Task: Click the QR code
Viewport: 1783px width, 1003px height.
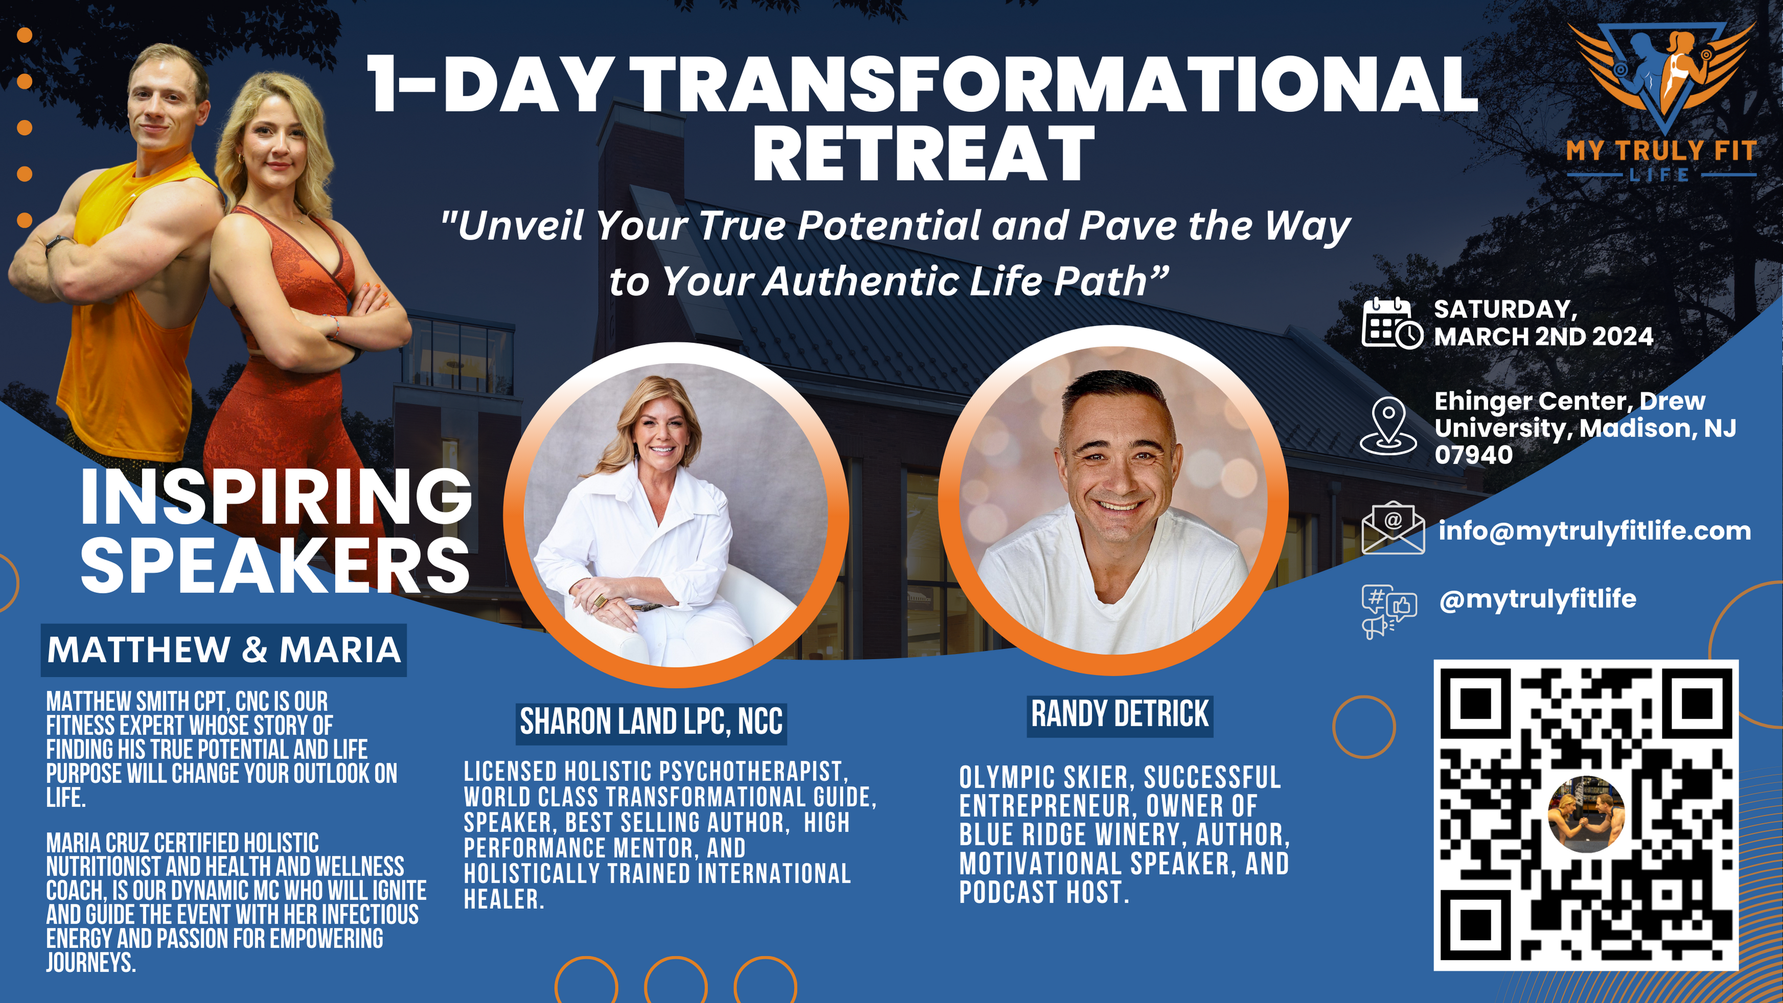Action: [1585, 815]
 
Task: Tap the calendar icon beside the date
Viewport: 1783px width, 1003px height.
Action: [1392, 323]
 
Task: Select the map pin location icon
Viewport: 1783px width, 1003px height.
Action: [1388, 425]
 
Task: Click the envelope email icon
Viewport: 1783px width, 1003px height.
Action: [1392, 528]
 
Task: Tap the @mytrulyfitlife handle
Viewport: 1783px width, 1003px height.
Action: [1537, 599]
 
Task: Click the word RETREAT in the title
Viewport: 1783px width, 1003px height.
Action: [923, 154]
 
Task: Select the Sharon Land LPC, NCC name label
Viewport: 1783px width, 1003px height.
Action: [651, 722]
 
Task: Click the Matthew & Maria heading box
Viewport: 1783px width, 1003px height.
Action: [223, 650]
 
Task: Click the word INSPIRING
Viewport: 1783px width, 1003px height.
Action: [276, 496]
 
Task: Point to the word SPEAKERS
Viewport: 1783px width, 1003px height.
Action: [276, 565]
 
